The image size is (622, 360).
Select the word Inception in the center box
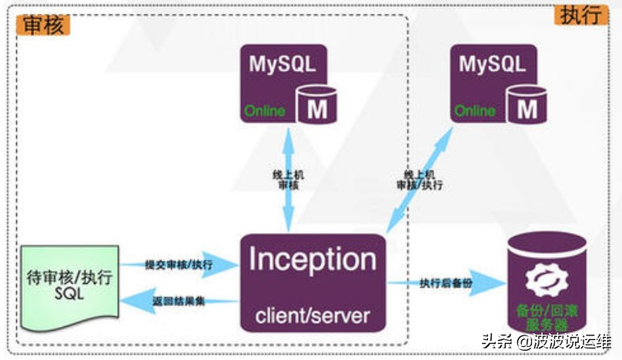point(313,260)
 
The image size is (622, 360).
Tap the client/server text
point(313,314)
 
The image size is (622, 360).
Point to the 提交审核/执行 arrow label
point(179,265)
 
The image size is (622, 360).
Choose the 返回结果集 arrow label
point(179,302)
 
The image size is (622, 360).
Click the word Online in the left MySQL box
point(265,111)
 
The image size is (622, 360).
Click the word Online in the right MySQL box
point(475,111)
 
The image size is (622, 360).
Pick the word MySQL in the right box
point(493,64)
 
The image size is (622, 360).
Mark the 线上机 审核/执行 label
point(419,180)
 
